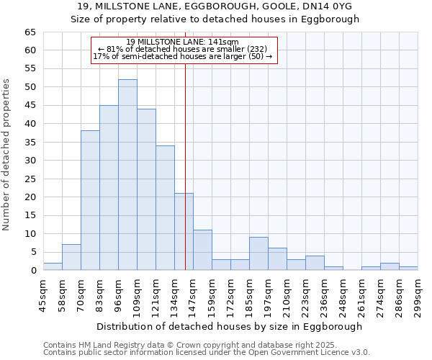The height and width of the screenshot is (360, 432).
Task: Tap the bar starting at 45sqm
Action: tap(53, 266)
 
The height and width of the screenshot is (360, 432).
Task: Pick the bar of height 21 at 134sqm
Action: tap(184, 232)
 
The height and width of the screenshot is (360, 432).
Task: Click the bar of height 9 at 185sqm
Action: tap(258, 253)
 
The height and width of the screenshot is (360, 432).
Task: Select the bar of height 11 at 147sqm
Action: tap(202, 250)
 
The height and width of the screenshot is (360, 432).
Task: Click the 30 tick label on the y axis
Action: tap(30, 161)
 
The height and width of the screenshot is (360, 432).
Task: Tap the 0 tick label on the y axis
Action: tap(32, 271)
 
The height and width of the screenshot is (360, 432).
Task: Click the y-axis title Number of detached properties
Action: tap(6, 155)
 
